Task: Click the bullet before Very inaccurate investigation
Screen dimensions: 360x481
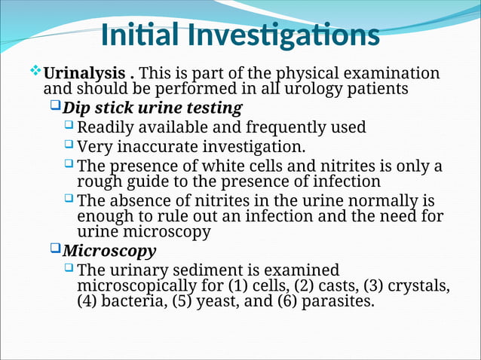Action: click(x=69, y=145)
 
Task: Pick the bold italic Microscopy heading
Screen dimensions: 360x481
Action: click(x=109, y=251)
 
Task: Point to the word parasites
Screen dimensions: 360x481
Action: click(x=338, y=302)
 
